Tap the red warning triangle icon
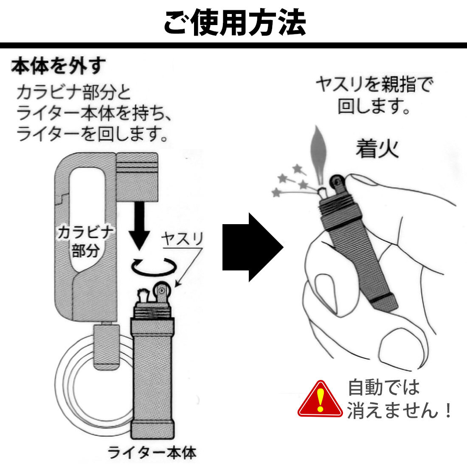(320, 399)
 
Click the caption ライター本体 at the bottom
(152, 453)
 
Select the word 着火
(377, 149)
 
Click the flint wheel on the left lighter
(161, 292)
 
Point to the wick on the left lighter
(142, 294)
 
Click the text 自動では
(383, 387)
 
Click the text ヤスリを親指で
(374, 85)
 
